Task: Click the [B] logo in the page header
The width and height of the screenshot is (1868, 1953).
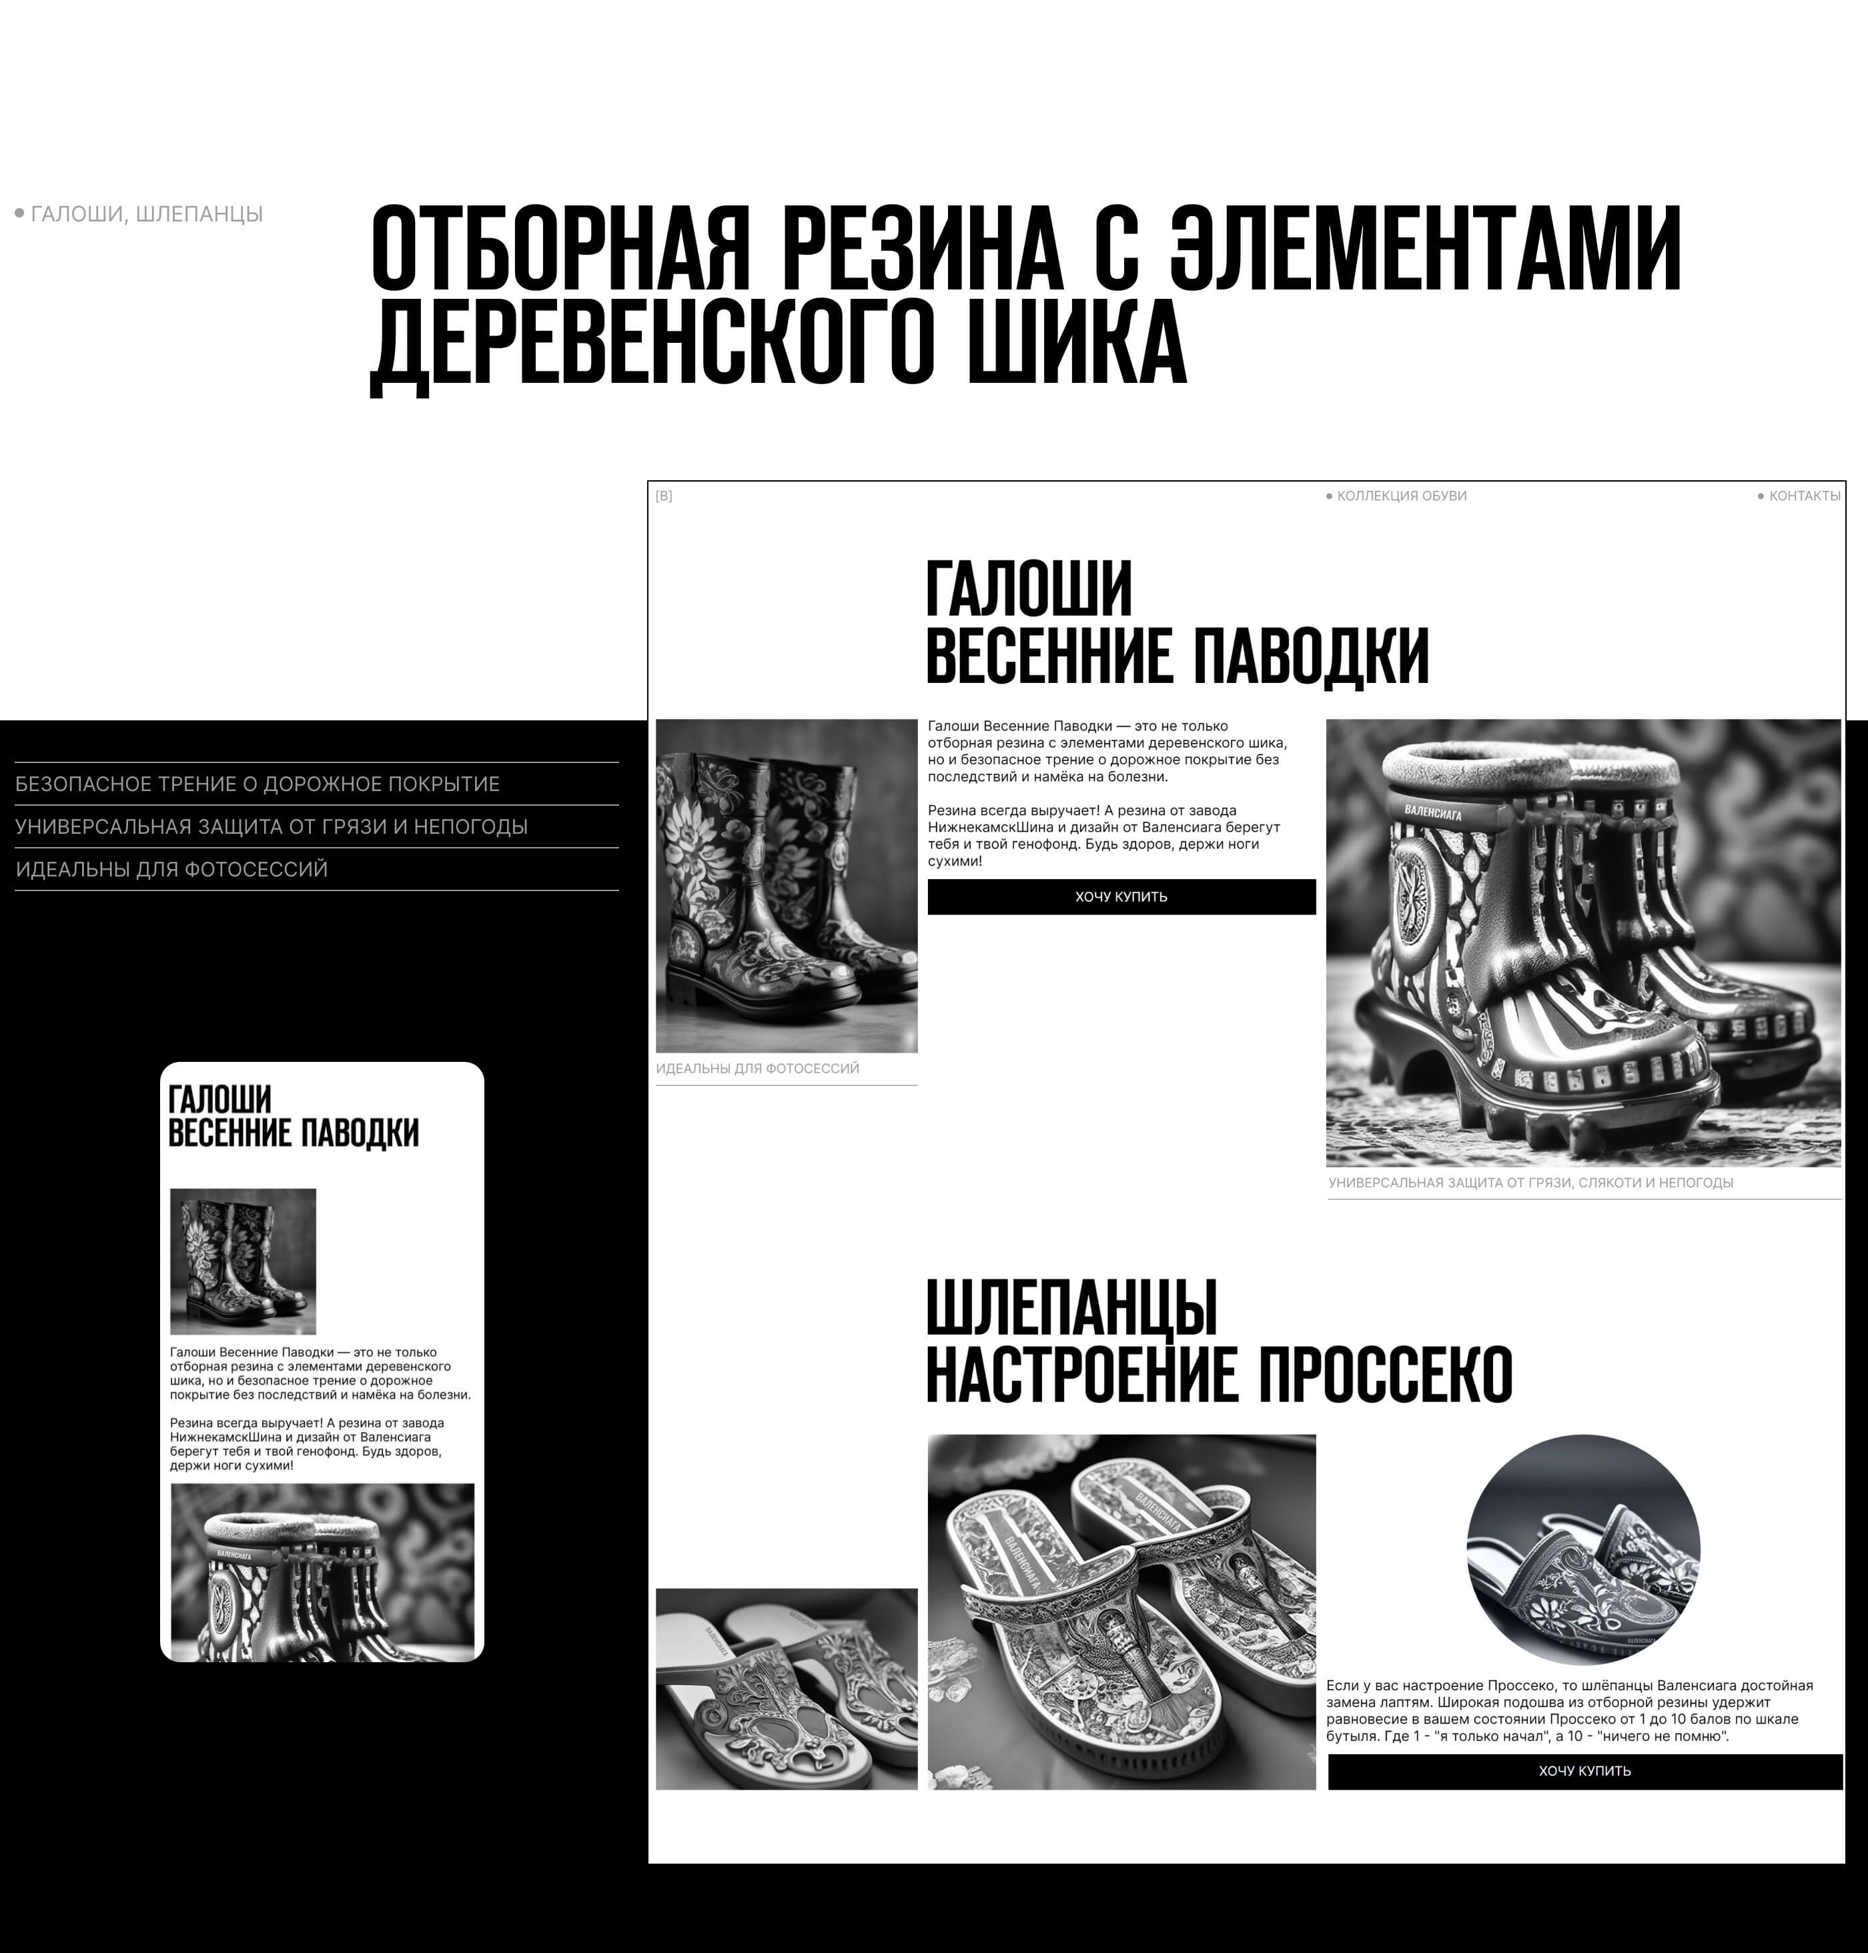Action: pos(663,496)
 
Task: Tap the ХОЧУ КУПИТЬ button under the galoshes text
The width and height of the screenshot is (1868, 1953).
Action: pos(1121,897)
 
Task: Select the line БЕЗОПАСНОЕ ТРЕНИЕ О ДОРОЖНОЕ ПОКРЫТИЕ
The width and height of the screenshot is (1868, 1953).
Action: pos(257,784)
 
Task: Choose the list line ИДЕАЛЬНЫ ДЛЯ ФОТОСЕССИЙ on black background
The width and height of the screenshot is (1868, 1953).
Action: pos(171,869)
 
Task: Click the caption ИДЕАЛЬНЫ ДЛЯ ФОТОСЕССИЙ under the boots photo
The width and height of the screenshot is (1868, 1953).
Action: pos(757,1068)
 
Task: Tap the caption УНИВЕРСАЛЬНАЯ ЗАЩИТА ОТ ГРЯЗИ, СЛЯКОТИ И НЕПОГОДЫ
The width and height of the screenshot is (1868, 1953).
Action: pos(1530,1183)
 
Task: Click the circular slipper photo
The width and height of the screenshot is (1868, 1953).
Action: pos(1583,1550)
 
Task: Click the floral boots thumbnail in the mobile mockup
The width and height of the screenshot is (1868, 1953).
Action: pos(243,1261)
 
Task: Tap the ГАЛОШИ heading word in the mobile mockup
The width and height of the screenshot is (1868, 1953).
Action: pos(219,1099)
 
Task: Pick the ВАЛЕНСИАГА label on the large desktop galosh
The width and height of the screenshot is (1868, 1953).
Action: pos(1433,812)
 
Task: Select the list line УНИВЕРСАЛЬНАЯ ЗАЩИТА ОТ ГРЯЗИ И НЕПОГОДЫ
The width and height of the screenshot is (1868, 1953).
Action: pos(271,827)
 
